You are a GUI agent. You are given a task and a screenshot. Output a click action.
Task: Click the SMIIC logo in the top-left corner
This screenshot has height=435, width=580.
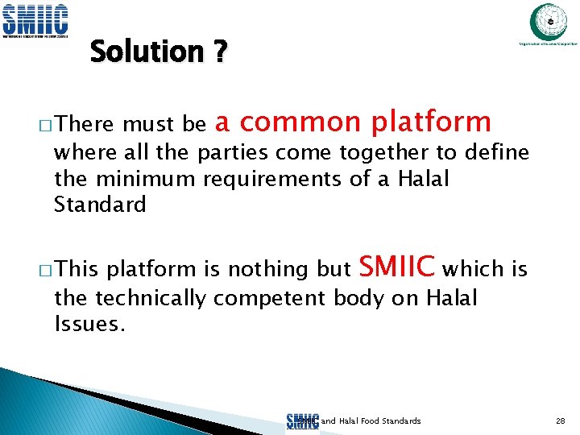click(35, 19)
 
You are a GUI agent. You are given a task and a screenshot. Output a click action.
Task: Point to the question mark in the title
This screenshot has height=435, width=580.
click(219, 52)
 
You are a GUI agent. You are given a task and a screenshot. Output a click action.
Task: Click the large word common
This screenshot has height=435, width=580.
click(300, 122)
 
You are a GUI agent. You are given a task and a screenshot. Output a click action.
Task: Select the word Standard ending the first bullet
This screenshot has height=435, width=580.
click(100, 205)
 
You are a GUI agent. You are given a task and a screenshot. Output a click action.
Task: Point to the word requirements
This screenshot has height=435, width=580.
click(274, 178)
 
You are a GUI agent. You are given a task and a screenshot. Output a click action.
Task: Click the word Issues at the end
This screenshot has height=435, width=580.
click(89, 324)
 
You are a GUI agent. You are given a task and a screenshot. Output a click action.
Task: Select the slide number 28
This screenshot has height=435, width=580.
click(561, 421)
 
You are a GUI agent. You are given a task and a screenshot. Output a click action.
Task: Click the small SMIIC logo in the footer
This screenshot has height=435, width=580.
click(302, 421)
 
